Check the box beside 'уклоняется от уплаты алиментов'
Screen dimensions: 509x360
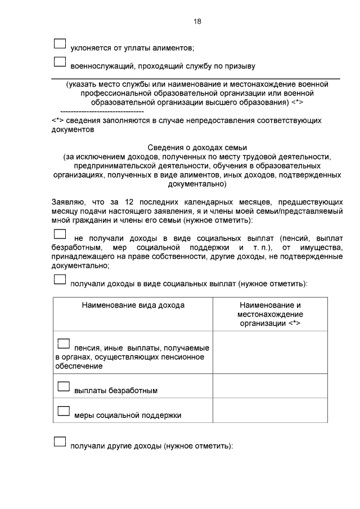click(x=60, y=44)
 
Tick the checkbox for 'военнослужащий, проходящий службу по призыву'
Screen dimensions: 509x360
click(x=60, y=63)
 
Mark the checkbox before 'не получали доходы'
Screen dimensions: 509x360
click(x=60, y=235)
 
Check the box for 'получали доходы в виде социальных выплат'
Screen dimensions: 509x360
click(x=60, y=280)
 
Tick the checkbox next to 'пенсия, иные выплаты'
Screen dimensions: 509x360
click(x=64, y=343)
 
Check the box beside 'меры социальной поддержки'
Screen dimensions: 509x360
click(x=64, y=411)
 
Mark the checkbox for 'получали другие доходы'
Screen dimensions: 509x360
click(x=60, y=442)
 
